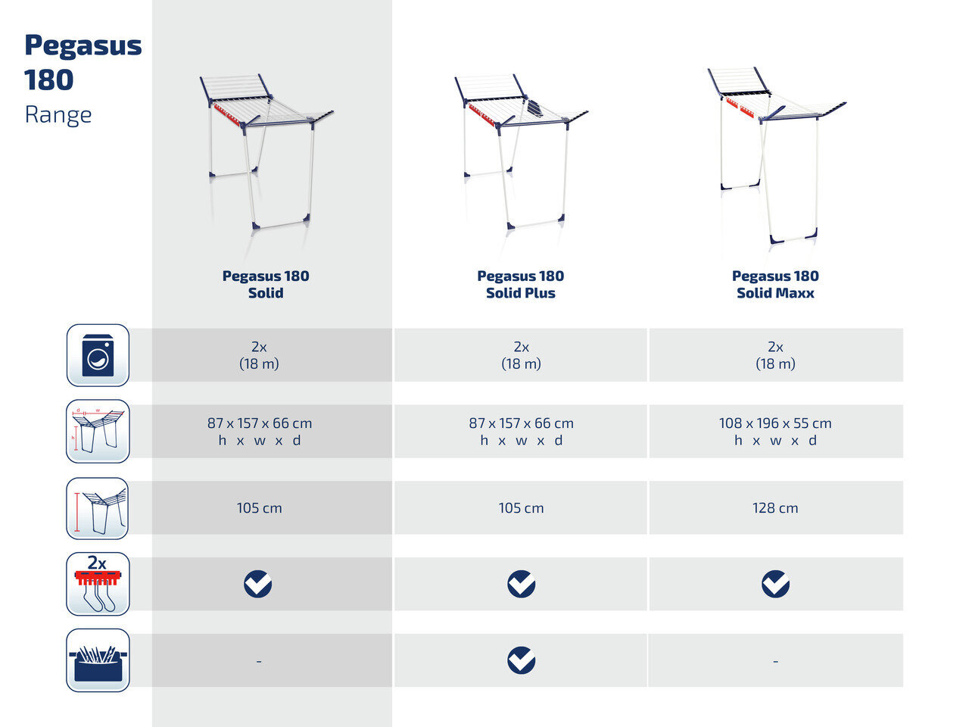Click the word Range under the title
click(x=58, y=116)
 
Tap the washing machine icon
click(x=98, y=355)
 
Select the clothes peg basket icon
click(x=98, y=660)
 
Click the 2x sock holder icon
click(x=98, y=584)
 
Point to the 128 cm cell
click(x=775, y=508)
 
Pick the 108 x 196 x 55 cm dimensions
click(x=775, y=423)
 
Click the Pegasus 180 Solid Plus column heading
click(x=521, y=284)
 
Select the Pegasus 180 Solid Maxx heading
click(x=775, y=284)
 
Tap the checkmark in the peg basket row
click(x=522, y=660)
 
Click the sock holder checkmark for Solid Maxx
click(x=776, y=584)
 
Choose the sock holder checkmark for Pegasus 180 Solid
click(x=258, y=584)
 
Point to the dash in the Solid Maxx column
click(x=776, y=661)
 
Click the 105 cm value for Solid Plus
click(x=521, y=508)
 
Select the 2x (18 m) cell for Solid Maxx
click(x=775, y=355)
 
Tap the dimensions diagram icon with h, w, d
click(x=98, y=431)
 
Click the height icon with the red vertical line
click(x=98, y=508)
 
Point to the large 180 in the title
click(x=49, y=80)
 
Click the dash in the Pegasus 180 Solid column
click(x=259, y=661)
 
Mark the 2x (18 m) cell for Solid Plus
click(x=521, y=355)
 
